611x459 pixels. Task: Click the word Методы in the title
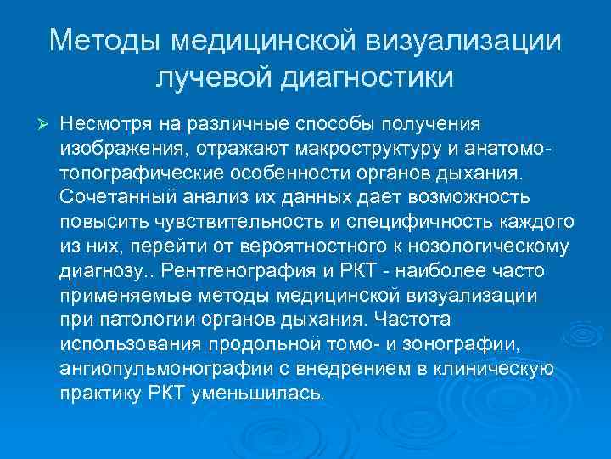click(103, 41)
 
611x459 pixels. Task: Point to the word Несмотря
click(104, 124)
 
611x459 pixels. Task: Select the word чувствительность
click(230, 223)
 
